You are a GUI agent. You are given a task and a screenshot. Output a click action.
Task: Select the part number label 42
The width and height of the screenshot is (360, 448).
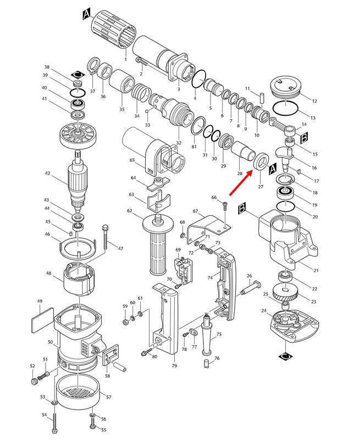[x=47, y=173]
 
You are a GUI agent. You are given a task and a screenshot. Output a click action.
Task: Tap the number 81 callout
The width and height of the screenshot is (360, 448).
[x=193, y=147]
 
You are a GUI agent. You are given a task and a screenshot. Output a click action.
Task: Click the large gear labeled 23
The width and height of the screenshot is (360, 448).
[x=286, y=294]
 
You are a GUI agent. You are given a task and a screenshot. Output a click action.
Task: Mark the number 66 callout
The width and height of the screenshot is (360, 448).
[x=214, y=197]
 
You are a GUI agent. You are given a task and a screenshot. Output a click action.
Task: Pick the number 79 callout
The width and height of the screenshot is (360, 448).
[x=174, y=366]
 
